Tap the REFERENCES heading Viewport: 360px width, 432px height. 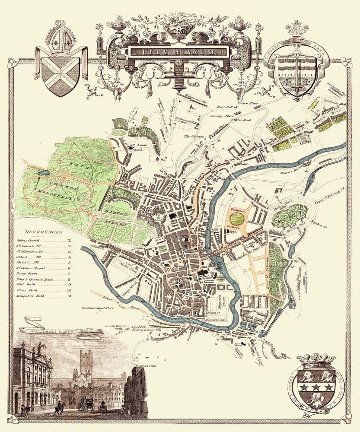[44, 232]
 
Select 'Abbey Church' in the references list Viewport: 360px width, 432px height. [34, 239]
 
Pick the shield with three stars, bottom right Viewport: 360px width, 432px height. [317, 382]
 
